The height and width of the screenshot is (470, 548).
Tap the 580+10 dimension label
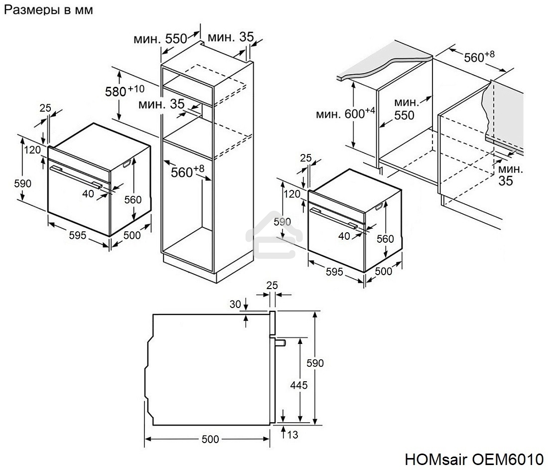click(124, 91)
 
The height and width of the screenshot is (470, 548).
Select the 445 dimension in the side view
click(298, 385)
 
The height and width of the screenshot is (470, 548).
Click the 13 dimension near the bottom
click(292, 435)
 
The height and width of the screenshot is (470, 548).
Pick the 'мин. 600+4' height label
click(345, 114)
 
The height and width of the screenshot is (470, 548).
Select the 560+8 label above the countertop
click(478, 57)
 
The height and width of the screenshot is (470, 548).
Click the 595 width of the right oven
click(335, 271)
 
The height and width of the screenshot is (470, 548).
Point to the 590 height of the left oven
click(23, 183)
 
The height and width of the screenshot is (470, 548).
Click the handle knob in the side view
click(280, 342)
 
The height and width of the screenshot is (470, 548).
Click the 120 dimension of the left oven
click(32, 150)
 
